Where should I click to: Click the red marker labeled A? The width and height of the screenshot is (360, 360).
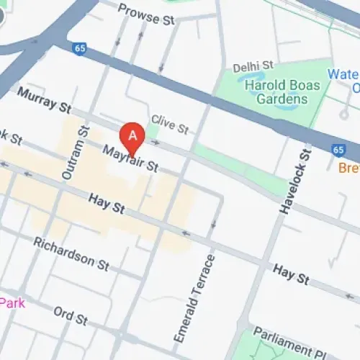(x=132, y=135)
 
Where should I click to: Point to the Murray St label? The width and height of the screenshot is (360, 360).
(x=44, y=100)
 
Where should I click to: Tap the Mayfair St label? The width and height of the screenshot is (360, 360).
(x=130, y=159)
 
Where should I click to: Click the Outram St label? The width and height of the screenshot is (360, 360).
(x=75, y=153)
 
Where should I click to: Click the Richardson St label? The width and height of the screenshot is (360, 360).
(x=71, y=253)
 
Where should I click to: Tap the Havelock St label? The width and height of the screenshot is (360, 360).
(x=295, y=181)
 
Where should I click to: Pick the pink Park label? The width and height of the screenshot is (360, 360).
(x=12, y=303)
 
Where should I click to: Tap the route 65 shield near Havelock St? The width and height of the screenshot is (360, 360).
(x=338, y=150)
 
